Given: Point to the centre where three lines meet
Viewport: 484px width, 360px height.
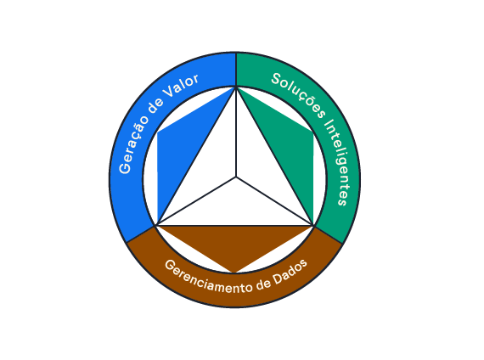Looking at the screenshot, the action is click(x=236, y=177).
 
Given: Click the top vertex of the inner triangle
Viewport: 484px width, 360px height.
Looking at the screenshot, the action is click(x=236, y=87).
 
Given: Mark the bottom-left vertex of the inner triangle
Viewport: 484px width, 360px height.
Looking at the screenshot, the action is click(x=157, y=225).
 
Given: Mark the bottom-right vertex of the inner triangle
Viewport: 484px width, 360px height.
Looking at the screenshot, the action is click(x=313, y=225).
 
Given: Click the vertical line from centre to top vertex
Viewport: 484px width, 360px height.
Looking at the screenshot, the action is click(x=236, y=132).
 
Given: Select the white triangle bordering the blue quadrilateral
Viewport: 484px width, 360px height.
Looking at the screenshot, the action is click(x=210, y=164).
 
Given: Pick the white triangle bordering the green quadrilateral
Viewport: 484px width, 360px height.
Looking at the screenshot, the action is click(x=262, y=164).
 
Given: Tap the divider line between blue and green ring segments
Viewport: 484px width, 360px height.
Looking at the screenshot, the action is click(x=236, y=70).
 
